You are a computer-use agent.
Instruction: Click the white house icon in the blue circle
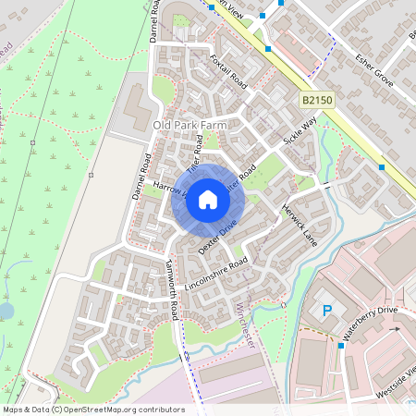(208, 199)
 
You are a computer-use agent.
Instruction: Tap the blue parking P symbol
(326, 312)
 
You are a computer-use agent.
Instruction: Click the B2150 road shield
(316, 97)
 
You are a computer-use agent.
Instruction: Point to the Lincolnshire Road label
(217, 275)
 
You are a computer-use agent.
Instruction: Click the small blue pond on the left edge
(5, 311)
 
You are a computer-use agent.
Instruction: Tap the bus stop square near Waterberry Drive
(340, 345)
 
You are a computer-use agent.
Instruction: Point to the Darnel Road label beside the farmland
(141, 176)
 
